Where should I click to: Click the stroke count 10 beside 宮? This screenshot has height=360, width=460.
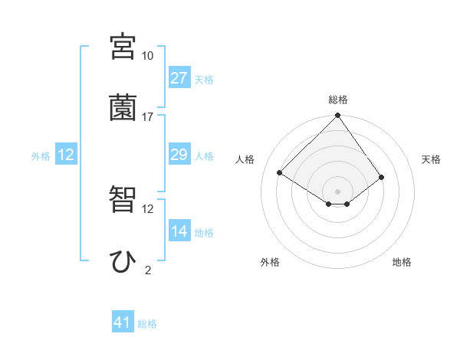(148, 56)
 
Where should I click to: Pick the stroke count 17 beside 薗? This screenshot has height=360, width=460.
(148, 117)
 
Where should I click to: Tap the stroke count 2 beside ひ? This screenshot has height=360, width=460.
(148, 270)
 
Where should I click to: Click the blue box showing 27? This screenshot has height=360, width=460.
(179, 78)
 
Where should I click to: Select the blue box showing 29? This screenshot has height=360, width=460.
(179, 155)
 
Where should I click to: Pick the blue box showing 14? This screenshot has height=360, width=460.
(179, 231)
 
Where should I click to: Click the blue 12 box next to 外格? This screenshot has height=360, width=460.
(66, 155)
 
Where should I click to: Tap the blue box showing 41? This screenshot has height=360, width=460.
(123, 323)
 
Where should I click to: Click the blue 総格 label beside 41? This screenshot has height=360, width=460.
(147, 324)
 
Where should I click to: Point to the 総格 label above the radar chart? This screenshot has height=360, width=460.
(338, 100)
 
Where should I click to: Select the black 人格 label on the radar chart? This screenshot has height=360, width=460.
(245, 159)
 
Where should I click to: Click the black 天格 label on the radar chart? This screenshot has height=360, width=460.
(431, 159)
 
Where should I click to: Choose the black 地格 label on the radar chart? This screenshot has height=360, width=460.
(402, 262)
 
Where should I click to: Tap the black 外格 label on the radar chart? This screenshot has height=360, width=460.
(270, 262)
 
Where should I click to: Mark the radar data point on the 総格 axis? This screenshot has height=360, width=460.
(337, 116)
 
